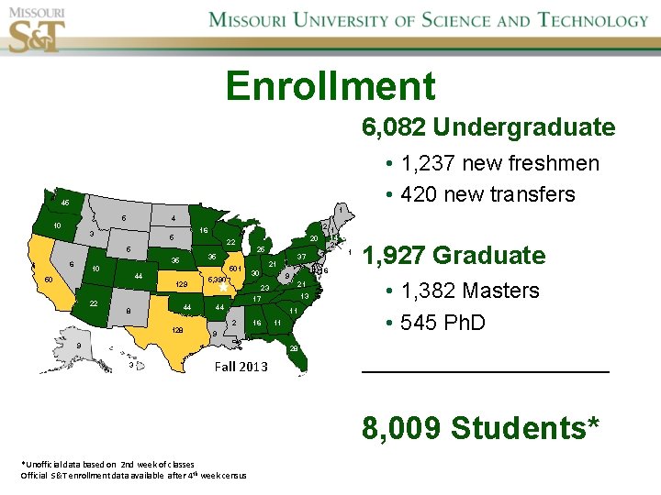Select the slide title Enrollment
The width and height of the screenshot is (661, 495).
coord(330,86)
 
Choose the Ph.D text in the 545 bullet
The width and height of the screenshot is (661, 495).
coord(465,323)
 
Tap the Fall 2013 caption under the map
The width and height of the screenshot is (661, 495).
coord(241,367)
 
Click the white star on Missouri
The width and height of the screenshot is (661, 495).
coord(221,286)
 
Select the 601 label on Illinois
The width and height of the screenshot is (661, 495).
coord(235,268)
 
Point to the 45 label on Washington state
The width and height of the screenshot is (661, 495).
coord(65,203)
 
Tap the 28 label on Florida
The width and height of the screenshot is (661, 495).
coord(294,348)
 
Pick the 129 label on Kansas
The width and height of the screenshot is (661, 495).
coord(181,284)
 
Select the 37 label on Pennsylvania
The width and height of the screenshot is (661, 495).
coord(300,256)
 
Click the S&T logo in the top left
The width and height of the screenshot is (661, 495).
coord(37,30)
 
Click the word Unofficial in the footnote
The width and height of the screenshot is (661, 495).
coord(44,465)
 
